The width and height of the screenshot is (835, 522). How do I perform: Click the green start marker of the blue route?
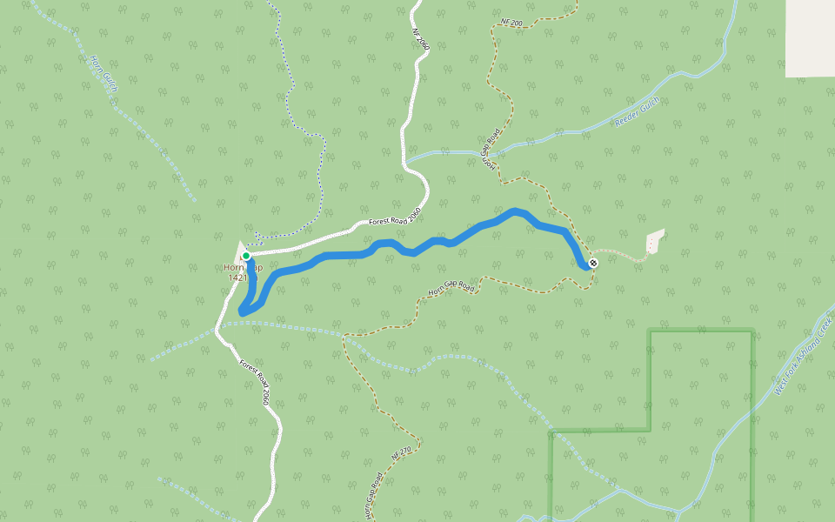click(246, 256)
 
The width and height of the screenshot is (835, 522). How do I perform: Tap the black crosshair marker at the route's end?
click(593, 263)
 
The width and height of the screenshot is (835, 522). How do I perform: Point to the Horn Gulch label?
click(104, 75)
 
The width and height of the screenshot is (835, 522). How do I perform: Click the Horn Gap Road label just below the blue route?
click(452, 288)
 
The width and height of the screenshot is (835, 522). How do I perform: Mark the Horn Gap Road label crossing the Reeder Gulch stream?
click(491, 150)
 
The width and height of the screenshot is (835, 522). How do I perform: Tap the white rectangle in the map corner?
click(810, 38)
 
